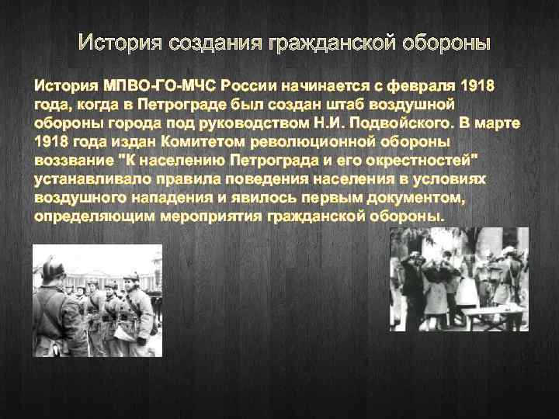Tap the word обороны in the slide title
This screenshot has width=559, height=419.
point(446,41)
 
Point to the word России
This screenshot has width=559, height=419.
point(250,85)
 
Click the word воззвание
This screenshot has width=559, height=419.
point(76,160)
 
